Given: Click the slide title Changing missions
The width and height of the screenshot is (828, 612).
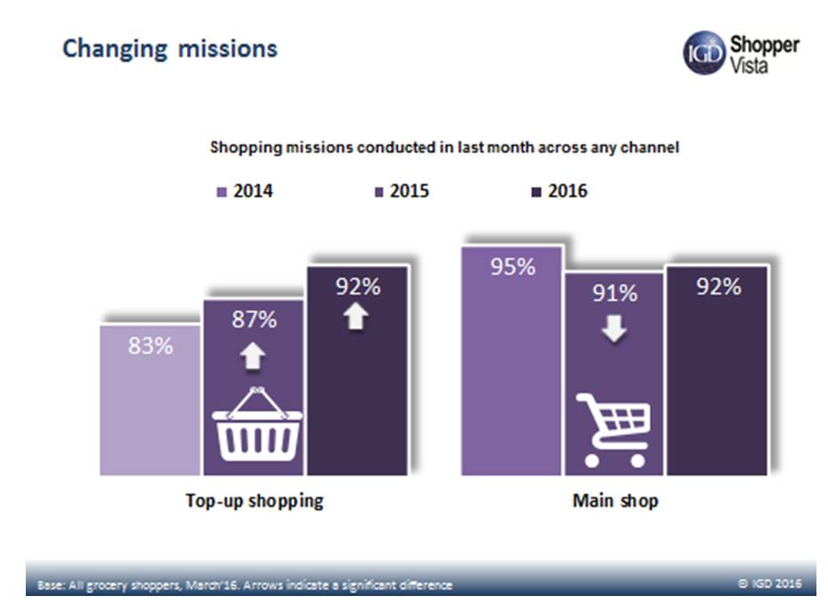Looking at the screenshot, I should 170,48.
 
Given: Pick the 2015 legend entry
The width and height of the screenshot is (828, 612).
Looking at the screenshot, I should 402,191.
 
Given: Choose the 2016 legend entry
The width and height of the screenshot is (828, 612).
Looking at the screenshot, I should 559,191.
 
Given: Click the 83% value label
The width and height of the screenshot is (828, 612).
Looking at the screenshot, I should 150,346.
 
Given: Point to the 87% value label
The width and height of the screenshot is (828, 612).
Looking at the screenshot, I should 254,320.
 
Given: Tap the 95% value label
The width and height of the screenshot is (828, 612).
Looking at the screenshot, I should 513,266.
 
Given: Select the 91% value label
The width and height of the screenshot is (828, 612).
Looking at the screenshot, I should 615,293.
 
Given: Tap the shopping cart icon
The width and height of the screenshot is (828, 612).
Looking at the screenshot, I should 615,431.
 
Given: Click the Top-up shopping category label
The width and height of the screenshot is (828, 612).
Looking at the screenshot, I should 254,501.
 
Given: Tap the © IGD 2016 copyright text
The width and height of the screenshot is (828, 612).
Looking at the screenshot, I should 770,584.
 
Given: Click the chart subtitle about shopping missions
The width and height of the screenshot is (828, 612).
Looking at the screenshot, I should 444,148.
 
